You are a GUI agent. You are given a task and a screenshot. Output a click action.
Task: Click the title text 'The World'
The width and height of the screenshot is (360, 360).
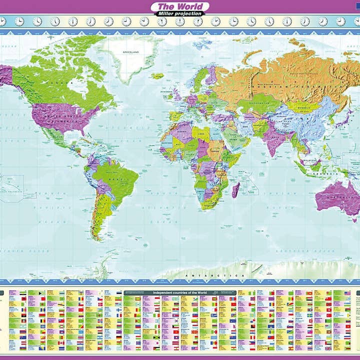pos(180,6)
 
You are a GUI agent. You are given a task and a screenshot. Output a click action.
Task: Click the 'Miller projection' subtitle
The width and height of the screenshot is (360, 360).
pos(180,13)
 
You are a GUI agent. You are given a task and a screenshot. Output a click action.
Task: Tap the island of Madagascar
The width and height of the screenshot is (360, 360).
pos(235,190)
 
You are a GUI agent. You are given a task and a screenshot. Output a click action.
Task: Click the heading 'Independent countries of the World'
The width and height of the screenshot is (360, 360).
pos(180,292)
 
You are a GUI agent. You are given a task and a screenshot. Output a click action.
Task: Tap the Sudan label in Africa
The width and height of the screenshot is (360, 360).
pos(216,149)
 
